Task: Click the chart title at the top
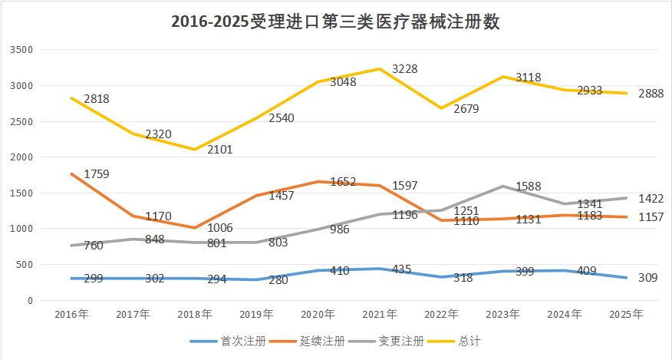coord(335,21)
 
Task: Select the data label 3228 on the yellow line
coord(405,69)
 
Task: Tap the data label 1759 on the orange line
coord(97,173)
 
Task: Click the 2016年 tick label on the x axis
coord(72,314)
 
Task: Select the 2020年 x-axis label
coord(318,314)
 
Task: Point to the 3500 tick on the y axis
coord(23,50)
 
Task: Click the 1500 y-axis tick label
coord(23,193)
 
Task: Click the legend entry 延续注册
coord(316,340)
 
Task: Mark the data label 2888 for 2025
coord(651,94)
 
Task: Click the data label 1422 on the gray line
coord(651,198)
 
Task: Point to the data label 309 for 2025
coord(648,277)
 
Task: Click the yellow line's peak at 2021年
coord(380,69)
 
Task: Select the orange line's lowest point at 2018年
coord(195,228)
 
